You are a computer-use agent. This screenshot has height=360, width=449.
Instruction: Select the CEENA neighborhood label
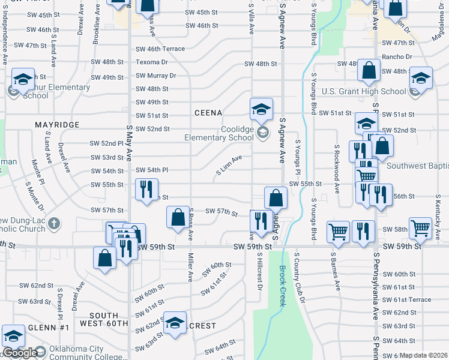(208, 113)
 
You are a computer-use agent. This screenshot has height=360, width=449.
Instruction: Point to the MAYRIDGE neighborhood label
(57, 125)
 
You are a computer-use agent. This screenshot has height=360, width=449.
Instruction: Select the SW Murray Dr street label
(155, 76)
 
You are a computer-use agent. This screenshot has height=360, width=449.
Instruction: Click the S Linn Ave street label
(229, 166)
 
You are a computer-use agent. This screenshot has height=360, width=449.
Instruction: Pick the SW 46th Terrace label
(160, 49)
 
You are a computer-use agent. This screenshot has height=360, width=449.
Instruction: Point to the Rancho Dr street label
(400, 57)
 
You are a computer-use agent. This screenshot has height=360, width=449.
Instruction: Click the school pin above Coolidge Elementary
(261, 110)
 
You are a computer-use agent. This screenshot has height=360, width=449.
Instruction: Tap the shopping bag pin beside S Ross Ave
(178, 218)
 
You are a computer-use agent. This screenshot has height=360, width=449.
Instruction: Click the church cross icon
(54, 224)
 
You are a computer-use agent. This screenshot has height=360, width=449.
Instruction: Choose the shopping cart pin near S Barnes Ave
(339, 232)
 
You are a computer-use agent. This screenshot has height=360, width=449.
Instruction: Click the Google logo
(19, 353)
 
